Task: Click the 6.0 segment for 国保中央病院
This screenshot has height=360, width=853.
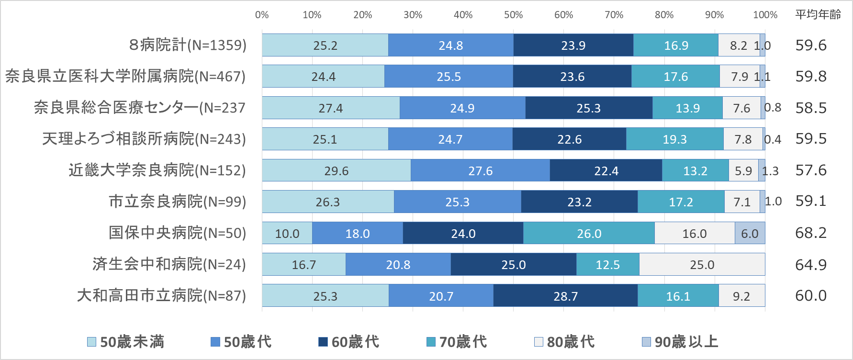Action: tap(750, 233)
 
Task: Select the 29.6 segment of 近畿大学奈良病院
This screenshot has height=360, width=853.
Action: tap(336, 170)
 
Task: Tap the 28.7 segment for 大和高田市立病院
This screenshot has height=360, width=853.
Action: tap(565, 296)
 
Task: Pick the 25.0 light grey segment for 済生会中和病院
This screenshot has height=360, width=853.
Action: tap(702, 265)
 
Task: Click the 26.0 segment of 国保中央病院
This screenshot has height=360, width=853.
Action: tap(589, 233)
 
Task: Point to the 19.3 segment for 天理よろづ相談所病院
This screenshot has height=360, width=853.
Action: tap(674, 139)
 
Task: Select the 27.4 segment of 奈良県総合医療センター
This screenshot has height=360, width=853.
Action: tap(331, 108)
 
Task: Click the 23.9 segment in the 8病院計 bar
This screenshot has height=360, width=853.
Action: tap(573, 45)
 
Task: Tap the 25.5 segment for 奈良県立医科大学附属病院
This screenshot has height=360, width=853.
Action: tap(449, 77)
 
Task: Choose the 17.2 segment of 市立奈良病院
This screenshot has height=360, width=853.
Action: tap(681, 202)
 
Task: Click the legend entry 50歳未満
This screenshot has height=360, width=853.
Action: tap(126, 342)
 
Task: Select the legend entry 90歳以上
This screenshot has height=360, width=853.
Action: tap(680, 342)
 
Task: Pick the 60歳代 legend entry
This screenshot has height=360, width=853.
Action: tap(349, 342)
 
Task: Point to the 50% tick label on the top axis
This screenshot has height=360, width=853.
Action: tap(513, 15)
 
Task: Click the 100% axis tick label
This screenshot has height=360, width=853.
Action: tap(765, 15)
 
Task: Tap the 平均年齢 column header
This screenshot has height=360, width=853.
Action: tap(818, 15)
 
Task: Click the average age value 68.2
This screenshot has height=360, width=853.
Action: tap(811, 233)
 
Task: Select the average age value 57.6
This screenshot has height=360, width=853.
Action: tap(811, 170)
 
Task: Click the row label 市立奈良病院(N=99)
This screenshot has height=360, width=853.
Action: tap(177, 202)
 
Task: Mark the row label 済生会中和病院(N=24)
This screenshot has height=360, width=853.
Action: tap(169, 264)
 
